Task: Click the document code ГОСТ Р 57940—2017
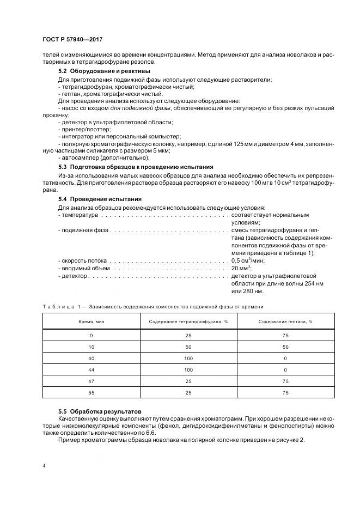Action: click(72, 40)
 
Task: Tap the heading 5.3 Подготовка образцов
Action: click(136, 166)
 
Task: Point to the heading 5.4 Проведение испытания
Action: click(100, 199)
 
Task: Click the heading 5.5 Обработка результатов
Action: click(99, 410)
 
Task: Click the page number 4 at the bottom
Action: click(43, 466)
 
